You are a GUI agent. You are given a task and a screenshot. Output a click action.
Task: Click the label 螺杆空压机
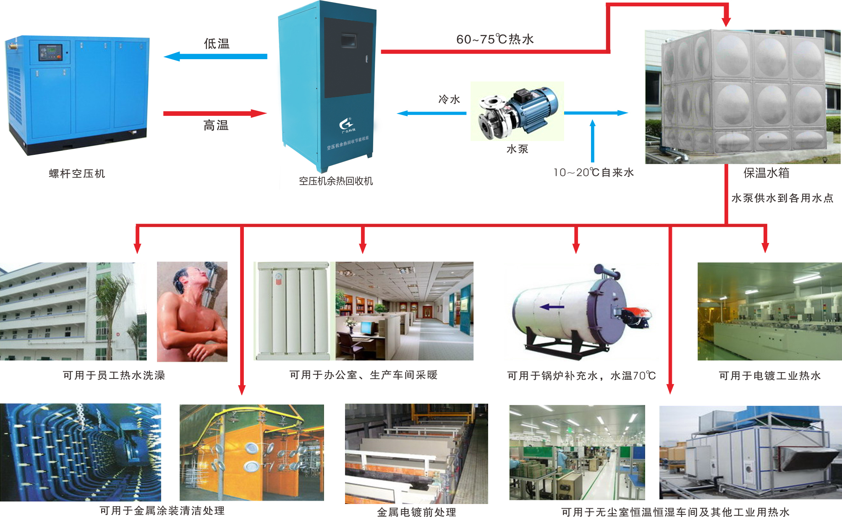[x=77, y=174]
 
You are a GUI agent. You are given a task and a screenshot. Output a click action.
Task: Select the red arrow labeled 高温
[x=215, y=113]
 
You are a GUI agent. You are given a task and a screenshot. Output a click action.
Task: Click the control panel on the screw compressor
[x=50, y=52]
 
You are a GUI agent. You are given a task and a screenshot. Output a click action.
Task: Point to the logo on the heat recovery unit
[x=346, y=125]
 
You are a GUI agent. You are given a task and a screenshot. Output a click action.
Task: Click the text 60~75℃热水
[x=495, y=39]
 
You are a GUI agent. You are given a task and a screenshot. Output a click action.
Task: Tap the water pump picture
[x=518, y=111]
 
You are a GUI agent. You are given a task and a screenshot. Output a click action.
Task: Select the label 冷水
[x=449, y=99]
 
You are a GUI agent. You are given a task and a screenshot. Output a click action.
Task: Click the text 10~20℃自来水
[x=594, y=172]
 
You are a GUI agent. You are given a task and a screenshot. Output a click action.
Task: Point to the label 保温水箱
[x=766, y=173]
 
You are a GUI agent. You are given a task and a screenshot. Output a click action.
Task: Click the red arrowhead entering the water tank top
[x=726, y=21]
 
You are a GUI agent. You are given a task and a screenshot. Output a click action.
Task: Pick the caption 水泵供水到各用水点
[x=782, y=198]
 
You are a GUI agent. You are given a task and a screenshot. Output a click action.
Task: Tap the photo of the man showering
[x=192, y=312]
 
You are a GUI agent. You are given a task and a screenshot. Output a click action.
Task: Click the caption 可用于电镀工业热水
[x=770, y=376]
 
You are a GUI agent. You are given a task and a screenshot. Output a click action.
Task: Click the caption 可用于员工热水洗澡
[x=114, y=375]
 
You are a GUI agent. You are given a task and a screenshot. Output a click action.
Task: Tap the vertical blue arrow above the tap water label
[x=593, y=141]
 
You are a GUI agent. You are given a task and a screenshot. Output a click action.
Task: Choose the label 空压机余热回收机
[x=336, y=181]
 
